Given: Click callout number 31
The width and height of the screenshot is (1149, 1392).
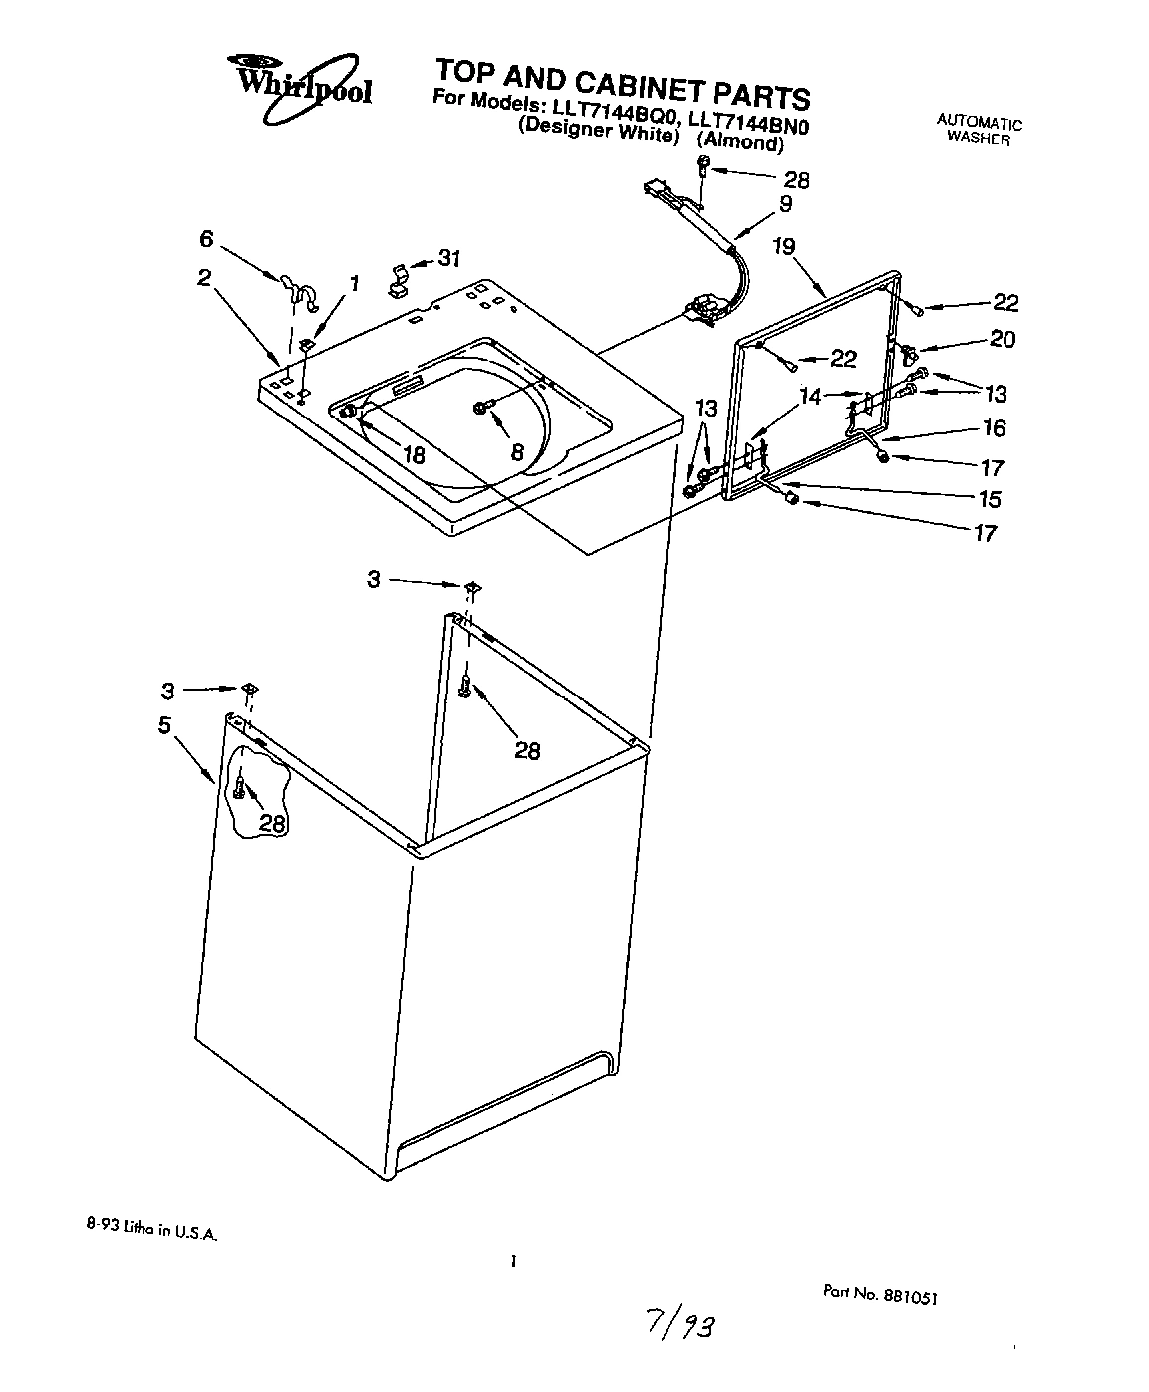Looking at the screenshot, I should (x=449, y=259).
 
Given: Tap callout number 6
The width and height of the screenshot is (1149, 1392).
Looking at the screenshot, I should (x=206, y=238).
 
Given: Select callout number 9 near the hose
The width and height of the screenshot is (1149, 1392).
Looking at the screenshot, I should (x=785, y=203).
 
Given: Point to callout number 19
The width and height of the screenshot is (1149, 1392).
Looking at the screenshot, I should (x=784, y=246).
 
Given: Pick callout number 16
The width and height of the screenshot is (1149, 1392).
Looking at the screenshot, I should (x=993, y=428).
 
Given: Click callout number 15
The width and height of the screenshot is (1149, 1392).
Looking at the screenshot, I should (x=989, y=499).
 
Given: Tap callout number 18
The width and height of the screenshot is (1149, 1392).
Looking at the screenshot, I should (x=413, y=455).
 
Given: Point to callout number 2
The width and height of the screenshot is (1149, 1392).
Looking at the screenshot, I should (x=203, y=278).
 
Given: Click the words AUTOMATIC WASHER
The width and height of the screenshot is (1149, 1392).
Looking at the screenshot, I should (x=979, y=131).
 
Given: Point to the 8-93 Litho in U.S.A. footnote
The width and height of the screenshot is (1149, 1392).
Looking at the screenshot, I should (x=149, y=1232).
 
